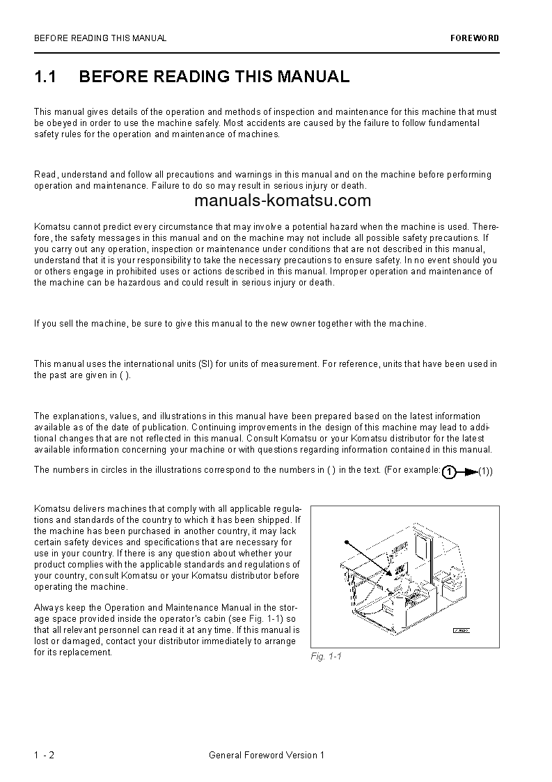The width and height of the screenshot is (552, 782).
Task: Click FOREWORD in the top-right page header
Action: click(x=474, y=38)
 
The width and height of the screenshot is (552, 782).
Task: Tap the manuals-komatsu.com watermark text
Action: click(x=283, y=201)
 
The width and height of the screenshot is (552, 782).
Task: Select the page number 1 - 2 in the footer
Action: click(x=44, y=755)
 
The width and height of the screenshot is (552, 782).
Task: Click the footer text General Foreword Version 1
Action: click(x=266, y=755)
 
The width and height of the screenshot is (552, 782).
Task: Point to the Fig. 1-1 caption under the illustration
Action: click(x=326, y=657)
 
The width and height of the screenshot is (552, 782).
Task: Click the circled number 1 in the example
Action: click(x=450, y=472)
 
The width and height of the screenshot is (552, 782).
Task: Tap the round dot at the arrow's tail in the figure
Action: click(x=346, y=541)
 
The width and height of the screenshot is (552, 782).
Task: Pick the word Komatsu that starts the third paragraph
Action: click(x=50, y=226)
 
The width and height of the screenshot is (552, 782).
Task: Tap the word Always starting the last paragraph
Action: click(x=49, y=607)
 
